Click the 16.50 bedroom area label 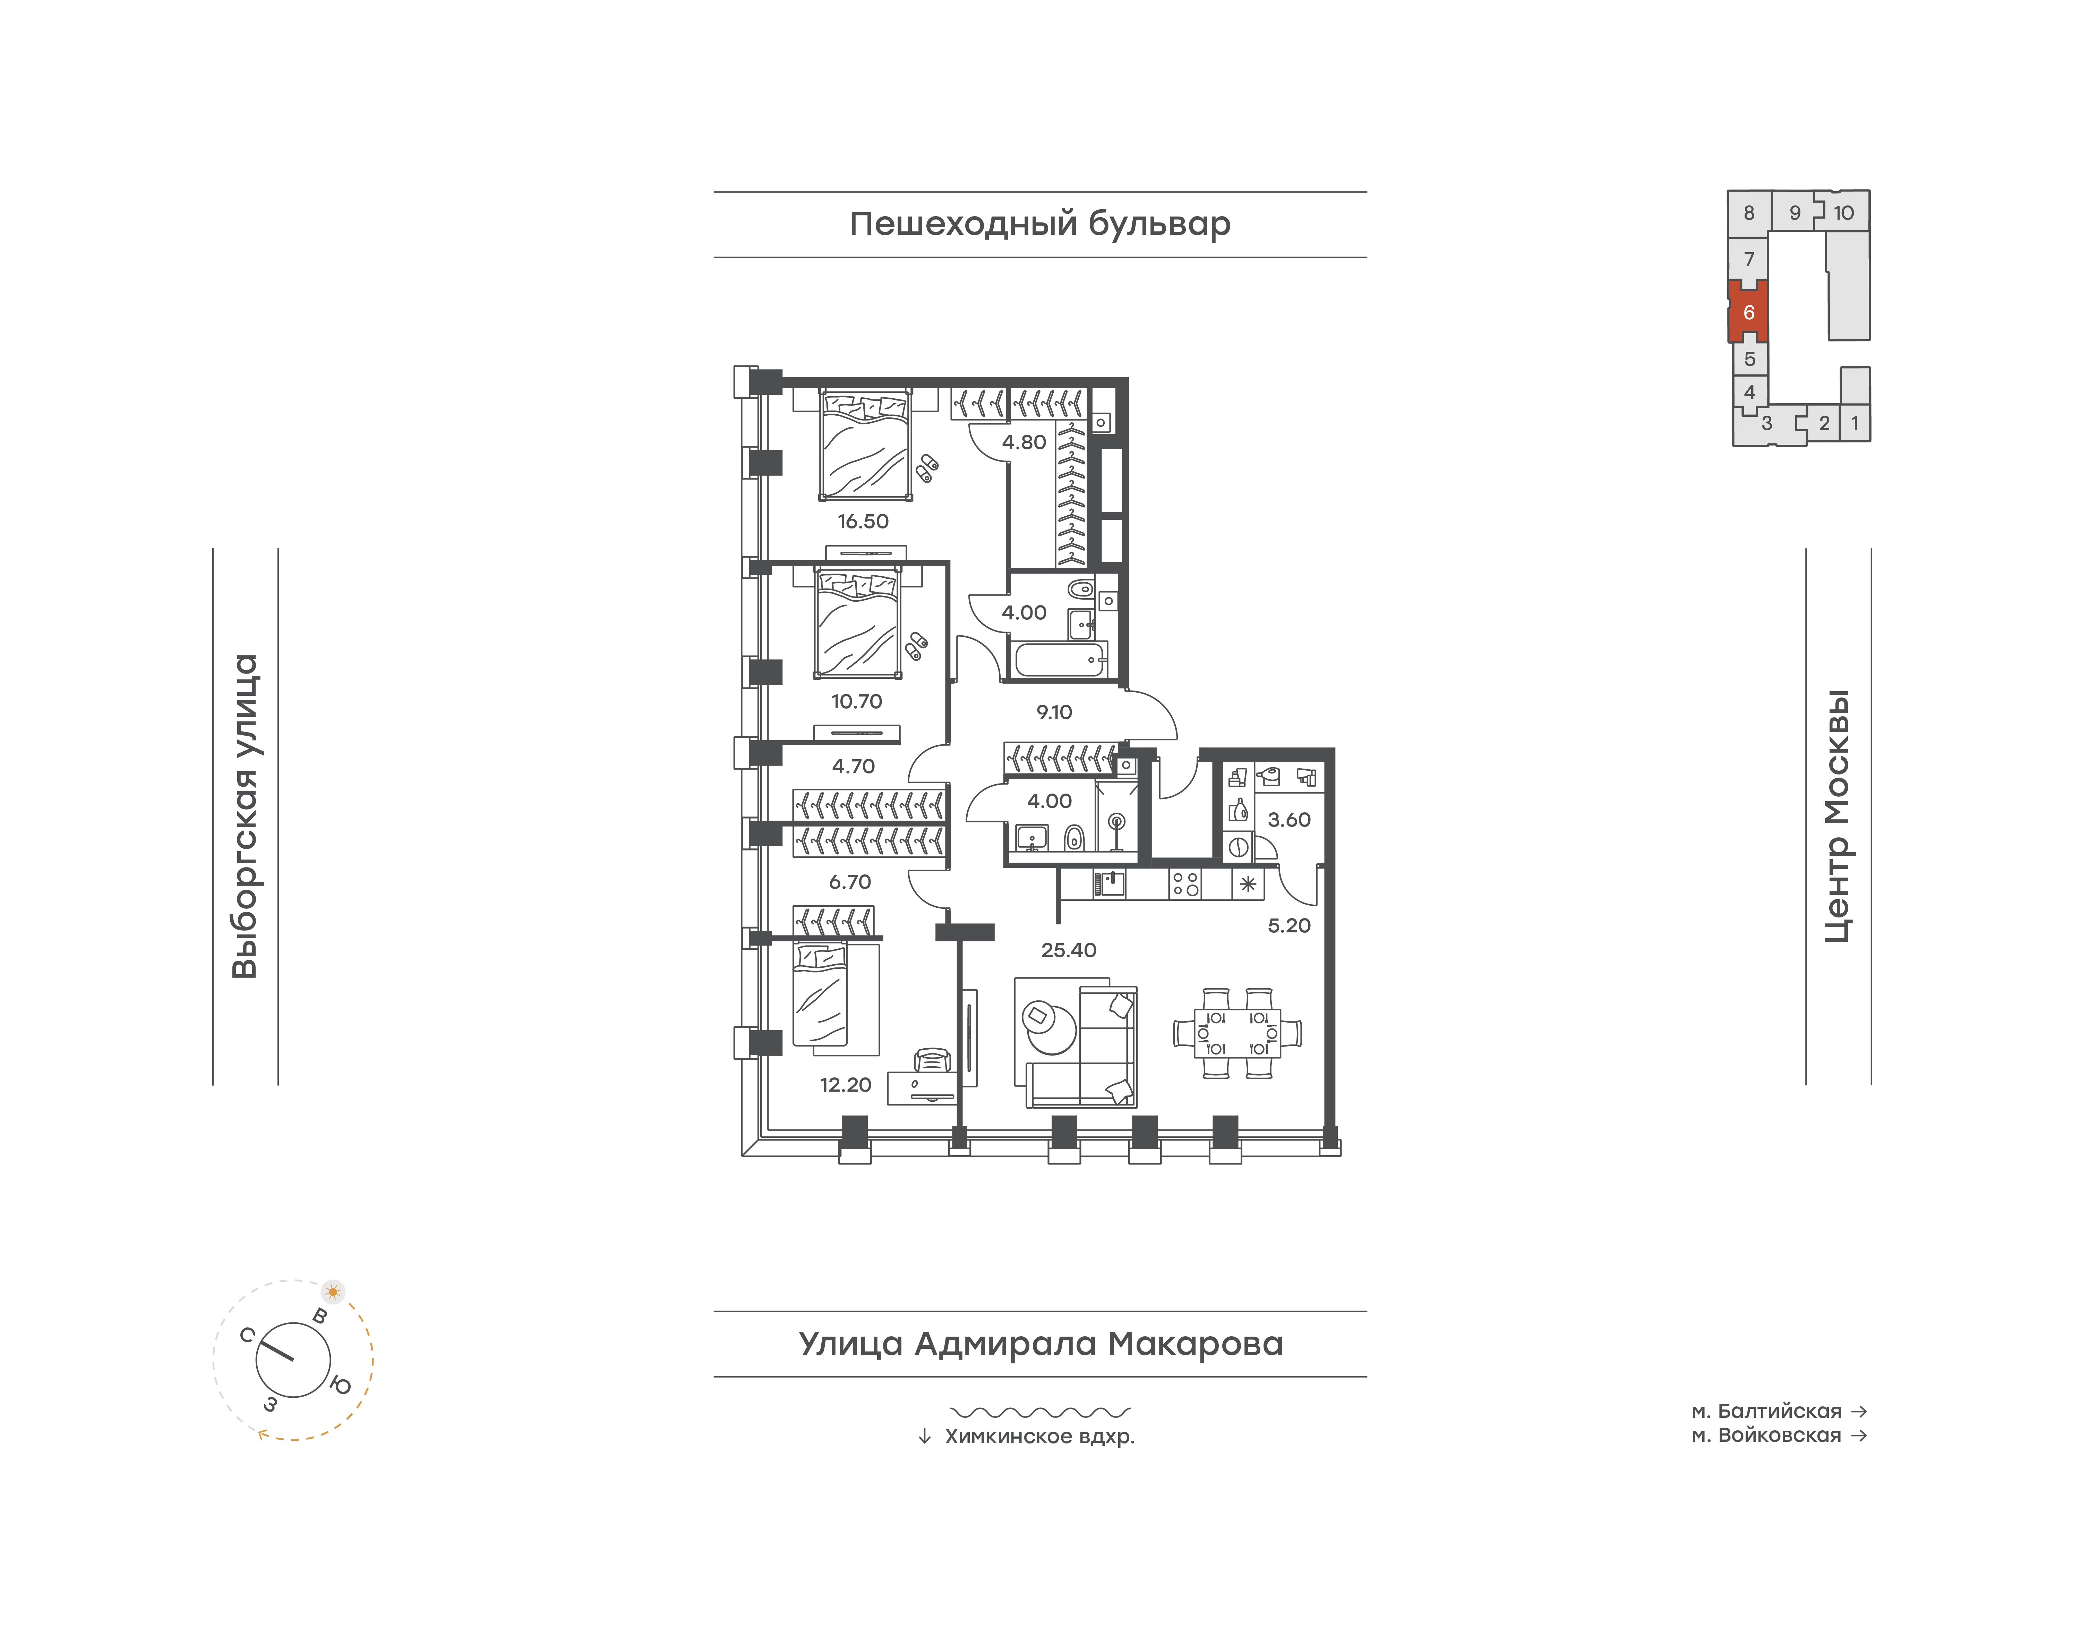tap(863, 522)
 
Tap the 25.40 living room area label tap(1068, 950)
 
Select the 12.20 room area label tap(846, 1085)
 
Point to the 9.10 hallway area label tap(1054, 712)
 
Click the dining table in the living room tap(1238, 1033)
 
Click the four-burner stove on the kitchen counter tap(1186, 884)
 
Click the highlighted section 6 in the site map tap(1748, 312)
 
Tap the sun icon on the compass tap(333, 1292)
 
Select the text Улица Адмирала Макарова tap(1040, 1344)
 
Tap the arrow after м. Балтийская tap(1859, 1411)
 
